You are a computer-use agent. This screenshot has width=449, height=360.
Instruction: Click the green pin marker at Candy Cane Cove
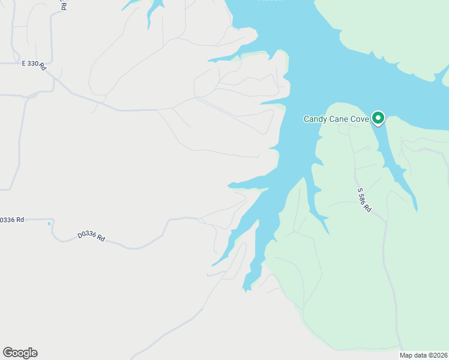point(378,118)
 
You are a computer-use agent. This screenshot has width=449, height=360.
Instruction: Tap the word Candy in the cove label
point(315,119)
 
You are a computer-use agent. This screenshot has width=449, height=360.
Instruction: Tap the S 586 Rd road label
point(364,200)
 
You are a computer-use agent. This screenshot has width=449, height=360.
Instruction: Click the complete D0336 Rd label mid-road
point(91,237)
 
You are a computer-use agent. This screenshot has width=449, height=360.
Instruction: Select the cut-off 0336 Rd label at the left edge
point(12,220)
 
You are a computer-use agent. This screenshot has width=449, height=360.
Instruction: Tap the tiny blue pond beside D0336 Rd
point(49,224)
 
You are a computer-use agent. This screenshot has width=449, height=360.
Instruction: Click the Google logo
point(20,353)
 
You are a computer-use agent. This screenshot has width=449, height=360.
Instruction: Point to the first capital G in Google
point(8,352)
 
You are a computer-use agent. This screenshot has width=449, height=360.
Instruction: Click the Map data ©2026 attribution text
point(423,355)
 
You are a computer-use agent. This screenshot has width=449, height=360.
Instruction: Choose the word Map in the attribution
point(406,355)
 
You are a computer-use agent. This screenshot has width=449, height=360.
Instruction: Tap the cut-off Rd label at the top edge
point(62,5)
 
